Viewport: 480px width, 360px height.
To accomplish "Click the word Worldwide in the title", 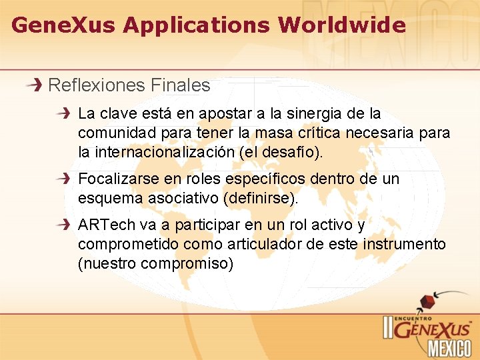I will [341, 25].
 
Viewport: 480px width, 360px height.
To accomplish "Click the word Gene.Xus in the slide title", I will [64, 25].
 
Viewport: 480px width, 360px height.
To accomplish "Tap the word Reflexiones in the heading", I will [97, 85].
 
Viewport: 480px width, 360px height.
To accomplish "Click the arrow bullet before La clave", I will [65, 114].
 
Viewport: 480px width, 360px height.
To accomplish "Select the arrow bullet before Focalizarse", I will [65, 179].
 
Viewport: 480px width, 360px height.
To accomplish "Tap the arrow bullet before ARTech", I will [65, 225].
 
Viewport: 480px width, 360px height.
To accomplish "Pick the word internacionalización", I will [155, 152].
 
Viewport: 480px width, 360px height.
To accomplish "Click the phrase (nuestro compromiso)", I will [156, 264].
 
